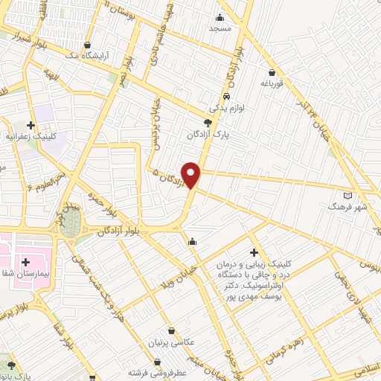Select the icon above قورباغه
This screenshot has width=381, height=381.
(x=272, y=73)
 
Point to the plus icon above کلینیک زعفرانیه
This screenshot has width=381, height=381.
(x=31, y=126)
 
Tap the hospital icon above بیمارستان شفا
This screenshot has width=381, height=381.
(x=26, y=261)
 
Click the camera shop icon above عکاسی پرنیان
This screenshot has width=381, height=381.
(x=173, y=331)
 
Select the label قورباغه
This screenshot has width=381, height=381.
(x=273, y=84)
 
